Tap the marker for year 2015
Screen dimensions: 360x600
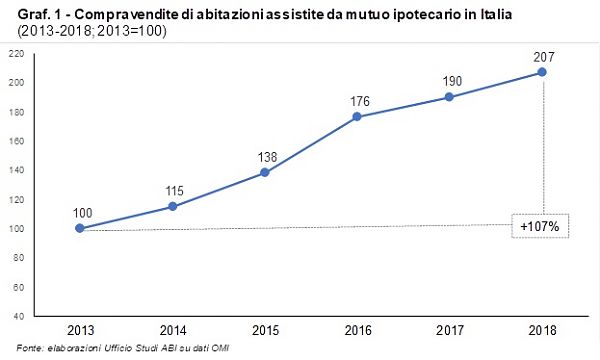click(265, 172)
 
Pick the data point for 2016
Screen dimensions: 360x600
click(358, 117)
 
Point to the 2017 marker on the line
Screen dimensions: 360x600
click(450, 97)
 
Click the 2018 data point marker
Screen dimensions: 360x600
click(543, 72)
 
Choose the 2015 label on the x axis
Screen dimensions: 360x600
click(265, 330)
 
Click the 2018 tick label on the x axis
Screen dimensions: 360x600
click(543, 330)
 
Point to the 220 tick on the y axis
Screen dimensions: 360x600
click(17, 53)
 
